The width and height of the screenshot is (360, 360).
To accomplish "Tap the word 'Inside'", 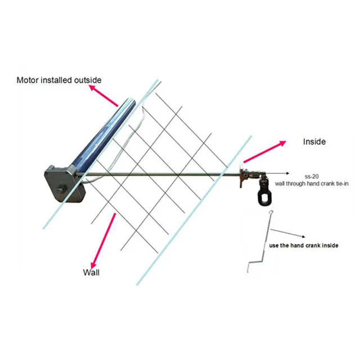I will pos(314,142).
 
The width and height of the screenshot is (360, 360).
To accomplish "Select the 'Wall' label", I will pos(91,272).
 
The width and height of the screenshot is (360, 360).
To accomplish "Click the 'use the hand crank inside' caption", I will pos(304,246).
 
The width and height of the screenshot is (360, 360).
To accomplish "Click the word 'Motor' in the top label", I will pos(28,79).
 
